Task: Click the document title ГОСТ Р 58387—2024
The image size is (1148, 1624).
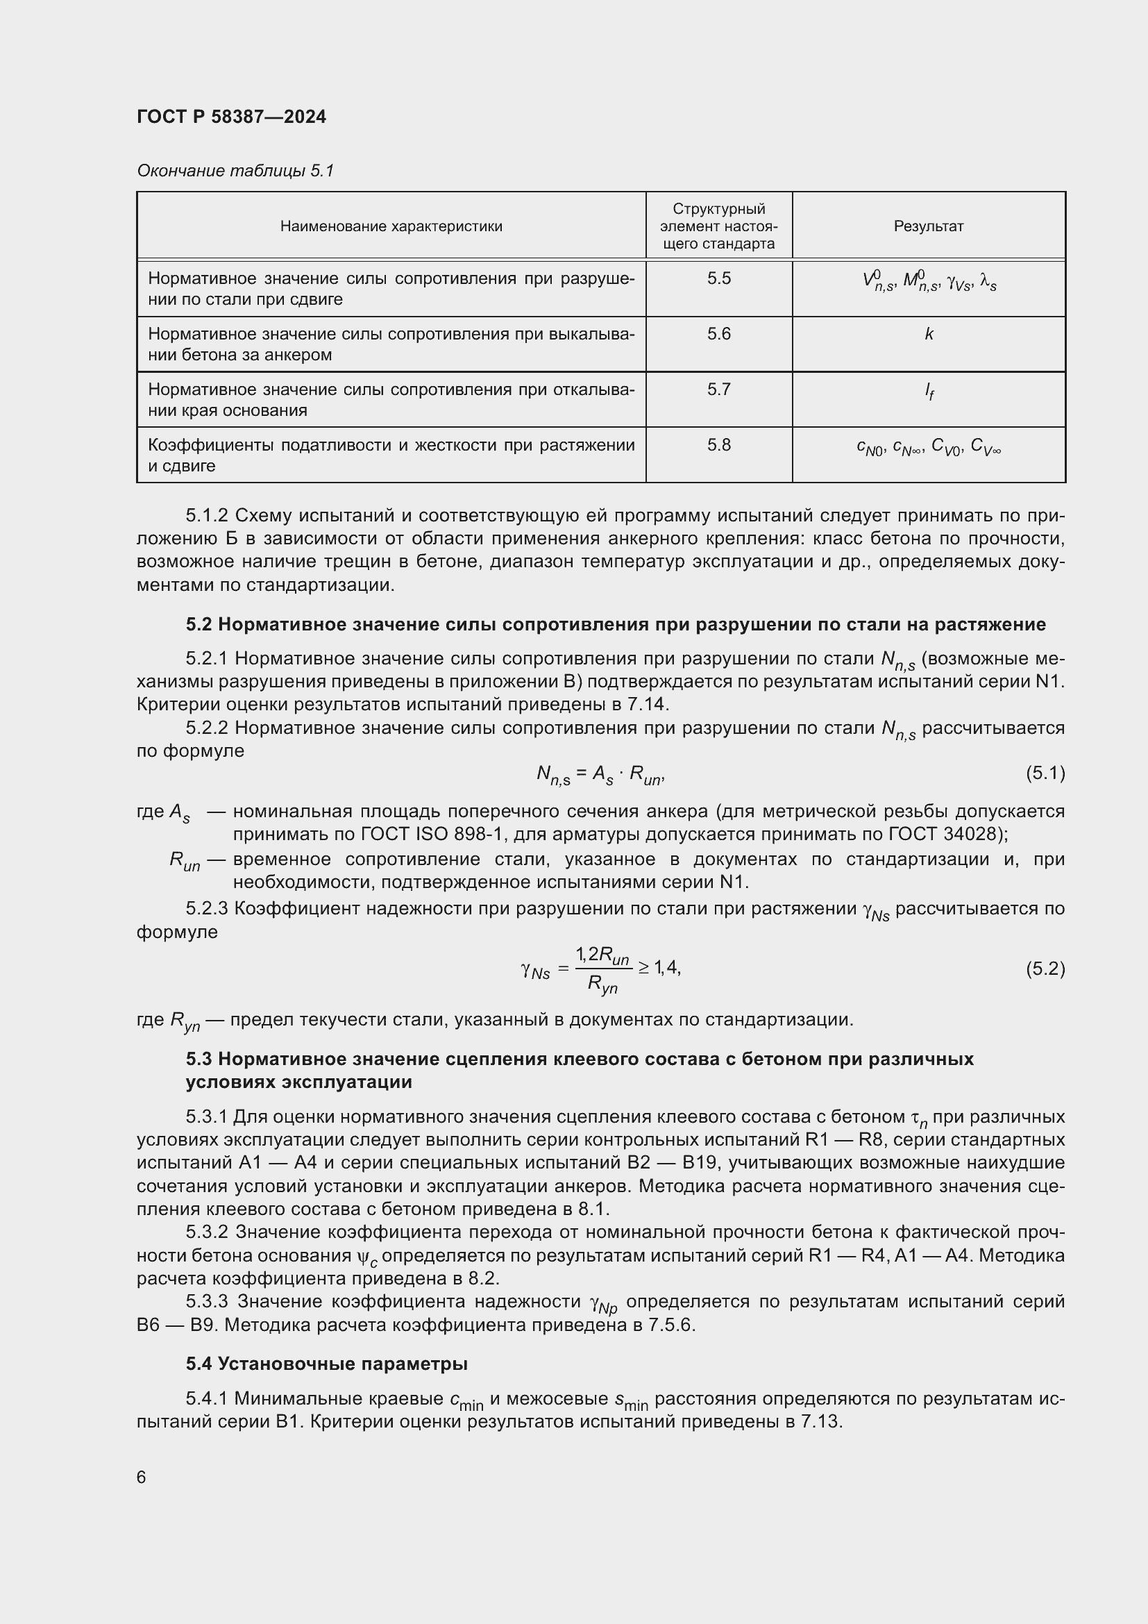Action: (x=231, y=117)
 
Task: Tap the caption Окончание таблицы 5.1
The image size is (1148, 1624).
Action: (x=235, y=171)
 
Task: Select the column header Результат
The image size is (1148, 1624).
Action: (x=928, y=226)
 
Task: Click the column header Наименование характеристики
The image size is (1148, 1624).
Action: (x=391, y=226)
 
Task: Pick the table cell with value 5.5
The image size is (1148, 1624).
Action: (x=719, y=278)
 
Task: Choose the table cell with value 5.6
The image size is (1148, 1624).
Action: (x=719, y=334)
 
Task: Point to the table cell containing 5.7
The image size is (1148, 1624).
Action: (x=719, y=390)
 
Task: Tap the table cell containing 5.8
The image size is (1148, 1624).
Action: (x=719, y=445)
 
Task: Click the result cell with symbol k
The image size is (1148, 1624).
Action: (x=929, y=335)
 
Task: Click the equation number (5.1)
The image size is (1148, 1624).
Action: (x=1045, y=773)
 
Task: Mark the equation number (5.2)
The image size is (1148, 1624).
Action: (x=1045, y=969)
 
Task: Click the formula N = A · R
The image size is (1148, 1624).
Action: (x=600, y=776)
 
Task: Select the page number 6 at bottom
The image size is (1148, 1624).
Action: (x=142, y=1477)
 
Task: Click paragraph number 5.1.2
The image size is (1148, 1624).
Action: (x=207, y=516)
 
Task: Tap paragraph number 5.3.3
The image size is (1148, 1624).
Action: (x=207, y=1301)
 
